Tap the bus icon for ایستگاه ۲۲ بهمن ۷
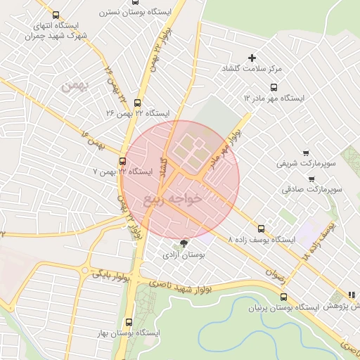pos(123,160)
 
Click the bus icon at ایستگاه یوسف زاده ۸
pos(262,228)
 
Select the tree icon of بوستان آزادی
pos(184,244)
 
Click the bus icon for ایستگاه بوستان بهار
pos(127,322)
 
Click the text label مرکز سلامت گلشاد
pos(251,69)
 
